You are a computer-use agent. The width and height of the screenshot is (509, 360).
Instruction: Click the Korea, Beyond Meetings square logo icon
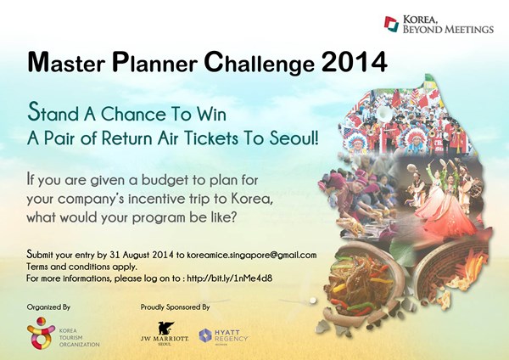click(391, 25)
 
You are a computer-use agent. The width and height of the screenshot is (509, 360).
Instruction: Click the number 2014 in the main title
click(355, 62)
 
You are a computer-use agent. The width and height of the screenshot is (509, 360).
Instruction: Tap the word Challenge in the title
click(260, 63)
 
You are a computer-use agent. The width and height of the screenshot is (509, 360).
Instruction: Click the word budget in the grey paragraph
click(168, 180)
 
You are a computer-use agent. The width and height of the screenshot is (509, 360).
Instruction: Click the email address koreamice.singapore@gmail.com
click(252, 255)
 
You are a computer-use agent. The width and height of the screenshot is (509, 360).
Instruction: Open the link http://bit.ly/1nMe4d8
click(230, 278)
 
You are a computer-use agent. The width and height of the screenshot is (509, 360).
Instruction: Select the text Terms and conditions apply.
click(81, 267)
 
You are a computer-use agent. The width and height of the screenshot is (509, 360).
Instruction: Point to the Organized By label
click(48, 307)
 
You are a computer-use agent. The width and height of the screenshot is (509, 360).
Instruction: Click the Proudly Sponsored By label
click(175, 307)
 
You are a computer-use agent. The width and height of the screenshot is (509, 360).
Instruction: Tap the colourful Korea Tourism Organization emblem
click(41, 333)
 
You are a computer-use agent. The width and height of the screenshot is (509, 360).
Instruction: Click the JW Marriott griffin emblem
click(165, 328)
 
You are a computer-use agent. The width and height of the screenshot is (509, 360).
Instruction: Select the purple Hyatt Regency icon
click(205, 335)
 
